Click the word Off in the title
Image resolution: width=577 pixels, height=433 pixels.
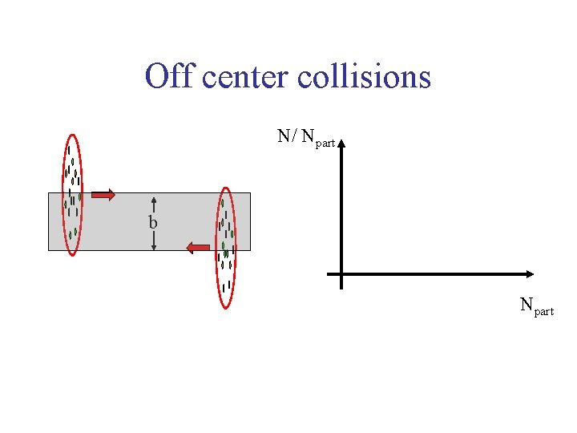click(170, 77)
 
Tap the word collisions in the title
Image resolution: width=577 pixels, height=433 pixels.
click(364, 77)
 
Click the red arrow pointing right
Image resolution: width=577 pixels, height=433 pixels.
click(102, 194)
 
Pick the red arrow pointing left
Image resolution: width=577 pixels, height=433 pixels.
click(198, 249)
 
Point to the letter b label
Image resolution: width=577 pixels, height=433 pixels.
click(152, 222)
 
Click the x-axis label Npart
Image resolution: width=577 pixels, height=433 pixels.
click(536, 306)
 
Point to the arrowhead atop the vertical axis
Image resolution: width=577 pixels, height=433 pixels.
click(341, 145)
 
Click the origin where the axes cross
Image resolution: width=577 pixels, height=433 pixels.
click(341, 274)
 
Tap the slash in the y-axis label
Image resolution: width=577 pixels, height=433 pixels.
click(296, 136)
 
